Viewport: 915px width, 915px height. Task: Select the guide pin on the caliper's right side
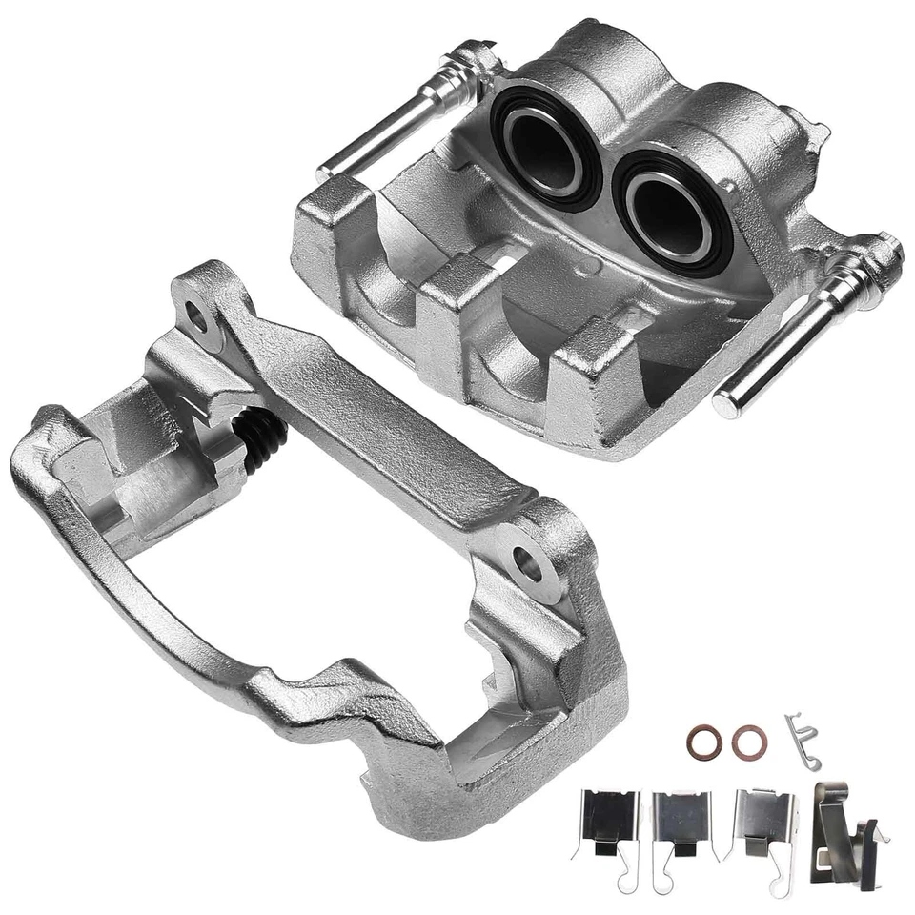pos(810,324)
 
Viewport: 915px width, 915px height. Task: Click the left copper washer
pos(702,742)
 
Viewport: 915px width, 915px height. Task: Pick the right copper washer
pos(749,742)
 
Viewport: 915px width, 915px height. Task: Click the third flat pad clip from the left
pos(762,823)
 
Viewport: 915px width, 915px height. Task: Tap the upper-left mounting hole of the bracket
pos(196,315)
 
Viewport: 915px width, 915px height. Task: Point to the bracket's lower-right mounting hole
pos(527,562)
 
